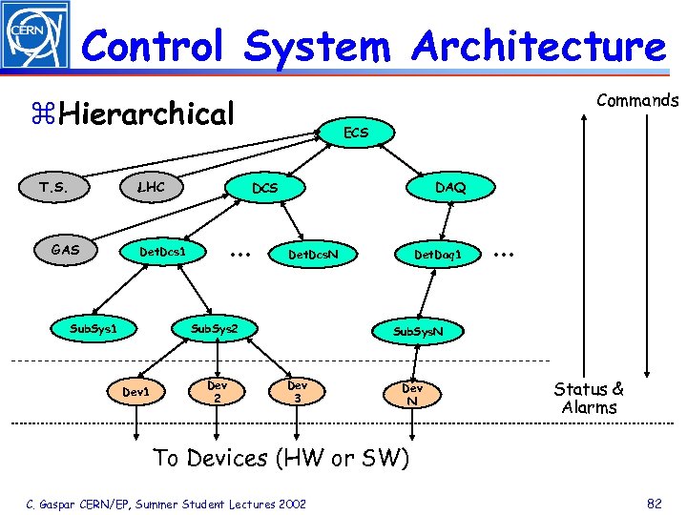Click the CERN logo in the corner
pos(35,35)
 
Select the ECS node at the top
pos(356,133)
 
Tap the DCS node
pos(264,188)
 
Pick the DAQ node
pos(450,188)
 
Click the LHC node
pos(151,187)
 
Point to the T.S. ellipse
pos(53,188)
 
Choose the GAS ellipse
pos(66,251)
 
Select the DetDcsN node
pos(313,255)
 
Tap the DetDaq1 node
pos(438,255)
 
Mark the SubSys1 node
pos(94,329)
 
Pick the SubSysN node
pos(417,332)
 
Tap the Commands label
pos(636,100)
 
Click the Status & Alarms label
pos(589,398)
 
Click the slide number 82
pos(654,503)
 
